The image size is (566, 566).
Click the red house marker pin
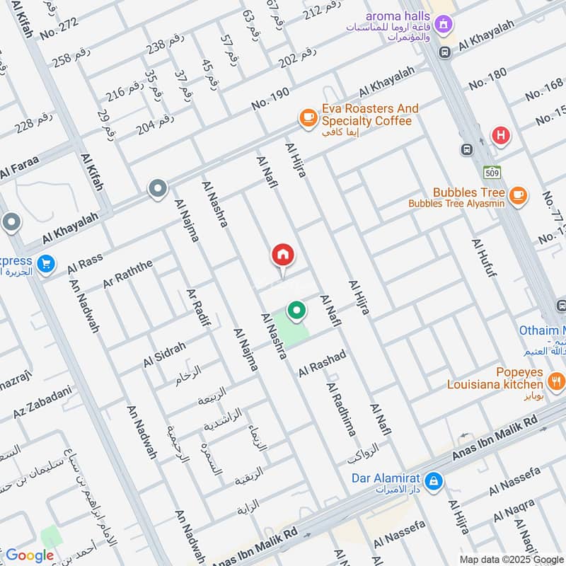(283, 255)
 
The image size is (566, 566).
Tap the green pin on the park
(296, 310)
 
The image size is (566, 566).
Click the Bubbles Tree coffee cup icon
(518, 194)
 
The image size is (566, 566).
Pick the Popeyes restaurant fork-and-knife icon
(556, 383)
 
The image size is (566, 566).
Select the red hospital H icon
(501, 135)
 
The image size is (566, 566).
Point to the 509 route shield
(492, 172)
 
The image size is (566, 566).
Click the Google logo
(30, 555)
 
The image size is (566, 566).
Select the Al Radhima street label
(341, 409)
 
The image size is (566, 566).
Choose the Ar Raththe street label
(127, 272)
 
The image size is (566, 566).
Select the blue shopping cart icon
(46, 263)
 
